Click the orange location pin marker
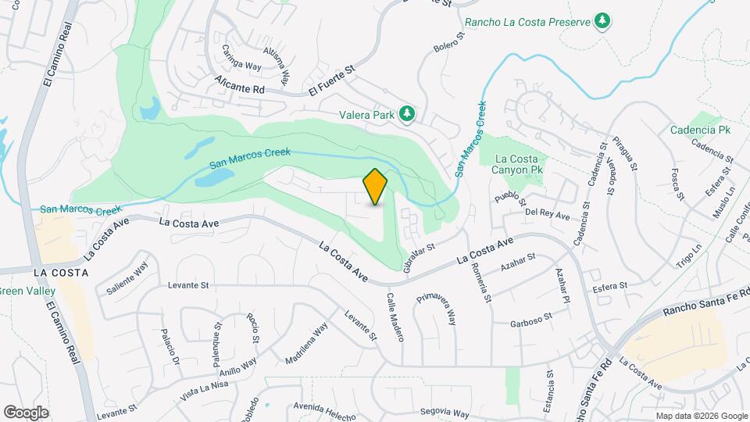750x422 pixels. click(376, 186)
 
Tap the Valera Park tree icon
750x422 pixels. click(406, 115)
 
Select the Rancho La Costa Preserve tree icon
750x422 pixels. click(602, 21)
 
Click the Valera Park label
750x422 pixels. click(367, 115)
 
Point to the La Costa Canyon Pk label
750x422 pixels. click(514, 163)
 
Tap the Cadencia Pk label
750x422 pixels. click(699, 130)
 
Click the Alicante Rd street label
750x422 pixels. click(242, 90)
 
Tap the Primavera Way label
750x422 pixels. click(436, 309)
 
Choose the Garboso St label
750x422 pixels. click(531, 320)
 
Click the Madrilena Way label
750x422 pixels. click(306, 344)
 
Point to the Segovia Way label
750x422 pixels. click(444, 412)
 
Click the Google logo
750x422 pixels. click(26, 412)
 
